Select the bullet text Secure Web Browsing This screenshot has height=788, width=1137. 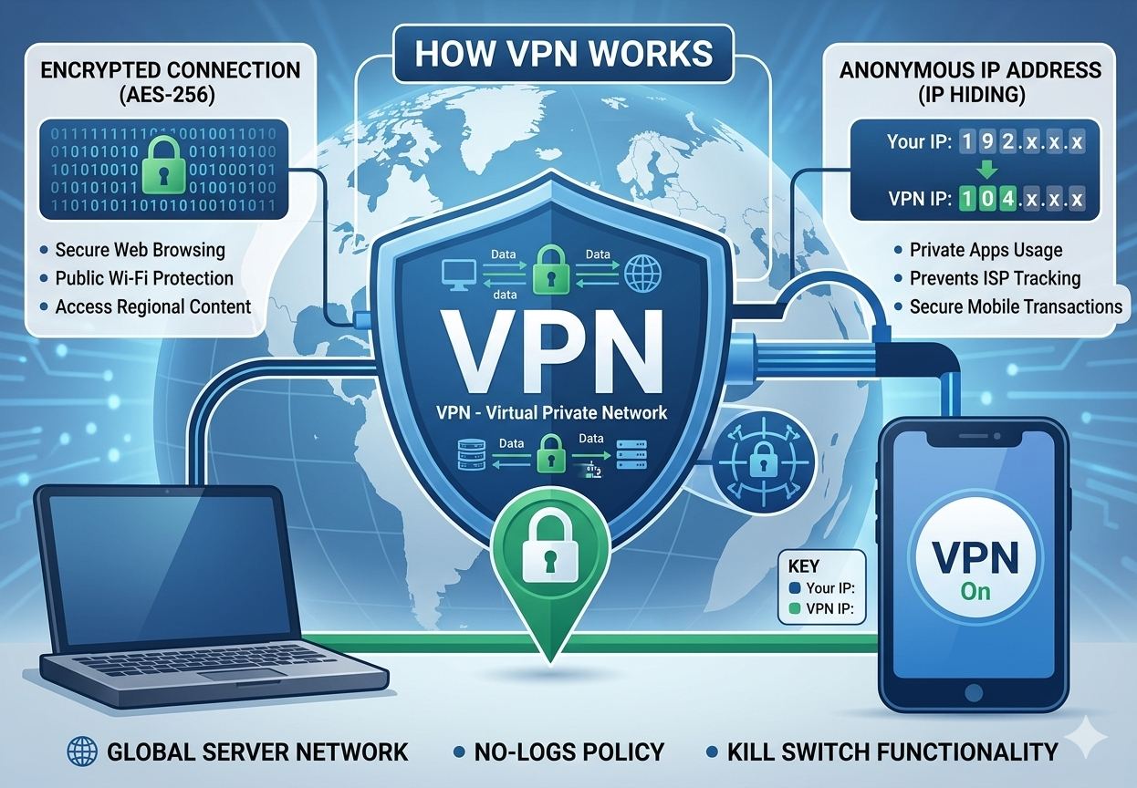coord(140,250)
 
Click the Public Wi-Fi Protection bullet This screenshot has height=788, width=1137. coord(144,278)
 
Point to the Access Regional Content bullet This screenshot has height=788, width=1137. coord(152,306)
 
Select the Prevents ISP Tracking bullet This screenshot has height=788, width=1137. coord(995,278)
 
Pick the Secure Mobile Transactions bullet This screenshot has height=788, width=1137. coord(1016,306)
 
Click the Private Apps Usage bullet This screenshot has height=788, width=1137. coord(986,250)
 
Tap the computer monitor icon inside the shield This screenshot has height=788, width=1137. coord(454,274)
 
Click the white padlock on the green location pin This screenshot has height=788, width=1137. coord(548,551)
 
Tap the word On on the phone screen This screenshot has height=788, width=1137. coord(975,591)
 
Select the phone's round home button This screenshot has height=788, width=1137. coord(972,717)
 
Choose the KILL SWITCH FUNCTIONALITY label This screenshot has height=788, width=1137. coord(892,752)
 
